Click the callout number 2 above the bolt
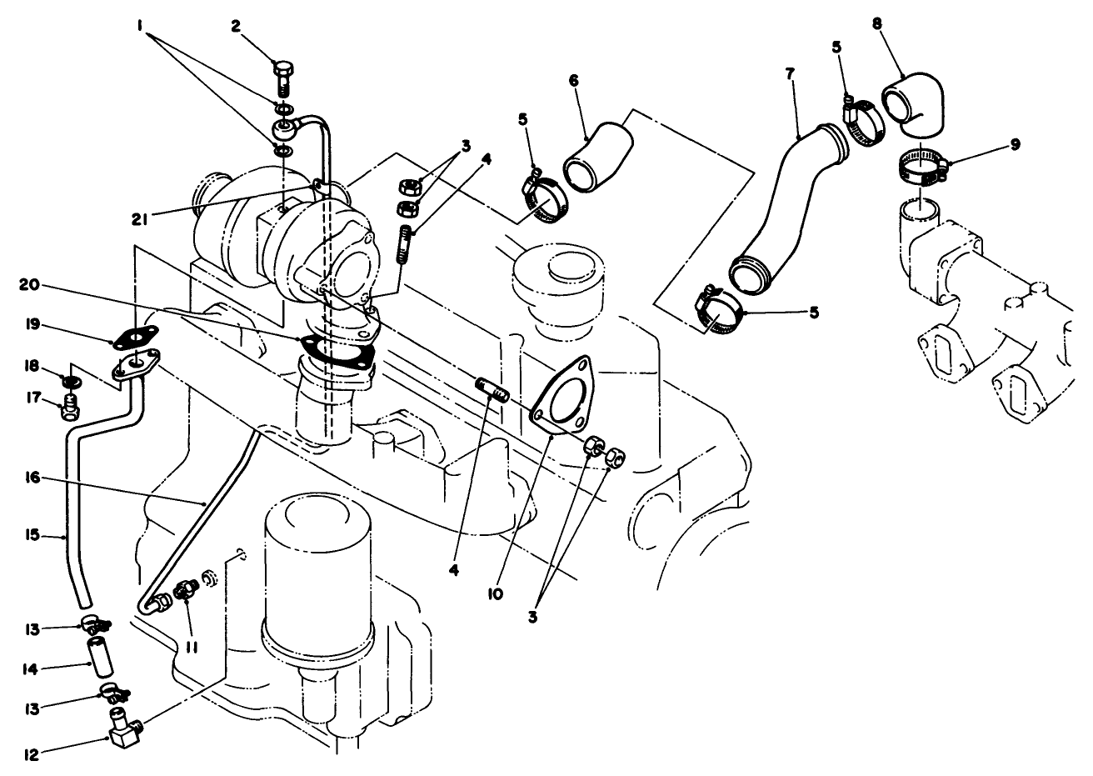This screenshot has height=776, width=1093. click(x=236, y=26)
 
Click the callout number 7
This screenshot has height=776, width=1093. click(x=788, y=73)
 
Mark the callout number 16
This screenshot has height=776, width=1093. click(x=33, y=478)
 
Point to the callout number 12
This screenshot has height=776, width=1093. click(x=32, y=755)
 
